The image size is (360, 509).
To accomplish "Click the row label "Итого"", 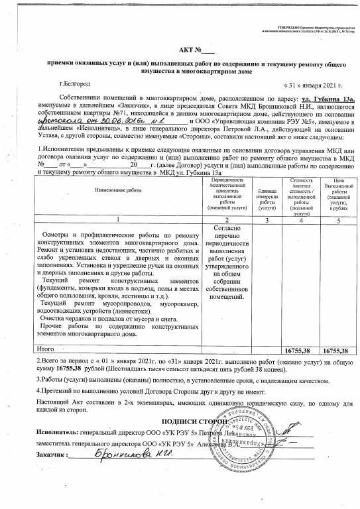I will pos(46,348).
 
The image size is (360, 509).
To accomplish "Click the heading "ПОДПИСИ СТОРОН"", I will pos(196,421).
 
